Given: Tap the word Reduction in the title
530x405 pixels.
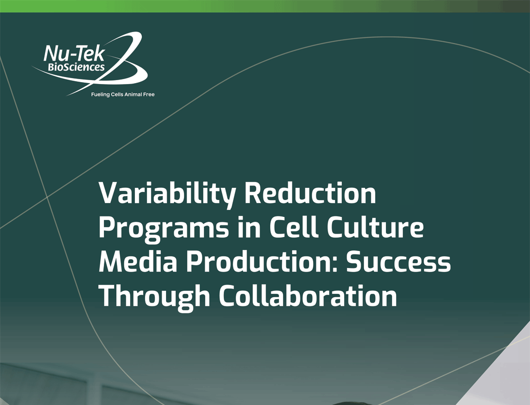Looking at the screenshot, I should coord(310,193).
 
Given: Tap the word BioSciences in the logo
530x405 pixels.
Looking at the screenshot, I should coord(76,67).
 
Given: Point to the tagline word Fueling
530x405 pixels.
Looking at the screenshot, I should coord(100,95).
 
